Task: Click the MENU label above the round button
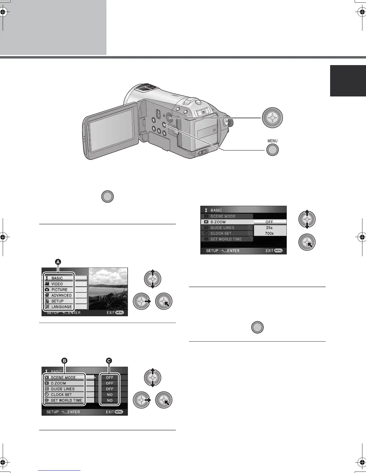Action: click(x=272, y=141)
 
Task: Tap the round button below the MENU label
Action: click(x=272, y=150)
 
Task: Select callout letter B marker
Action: click(x=64, y=361)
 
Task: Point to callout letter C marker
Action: click(x=109, y=361)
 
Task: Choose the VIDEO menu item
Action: click(x=57, y=284)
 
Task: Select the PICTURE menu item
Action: click(x=59, y=290)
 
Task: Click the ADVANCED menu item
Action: click(x=61, y=295)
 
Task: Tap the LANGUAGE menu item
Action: click(x=61, y=307)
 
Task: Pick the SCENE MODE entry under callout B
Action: click(x=63, y=377)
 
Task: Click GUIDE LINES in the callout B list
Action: click(x=62, y=389)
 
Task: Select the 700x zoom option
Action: click(x=269, y=233)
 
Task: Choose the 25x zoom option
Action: click(x=269, y=228)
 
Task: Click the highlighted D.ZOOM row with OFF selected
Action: click(x=243, y=222)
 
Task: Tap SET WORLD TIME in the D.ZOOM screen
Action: click(x=226, y=239)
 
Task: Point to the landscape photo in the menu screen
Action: click(x=108, y=288)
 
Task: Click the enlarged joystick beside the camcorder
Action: click(x=272, y=118)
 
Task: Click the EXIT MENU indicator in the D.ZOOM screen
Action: click(x=274, y=251)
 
